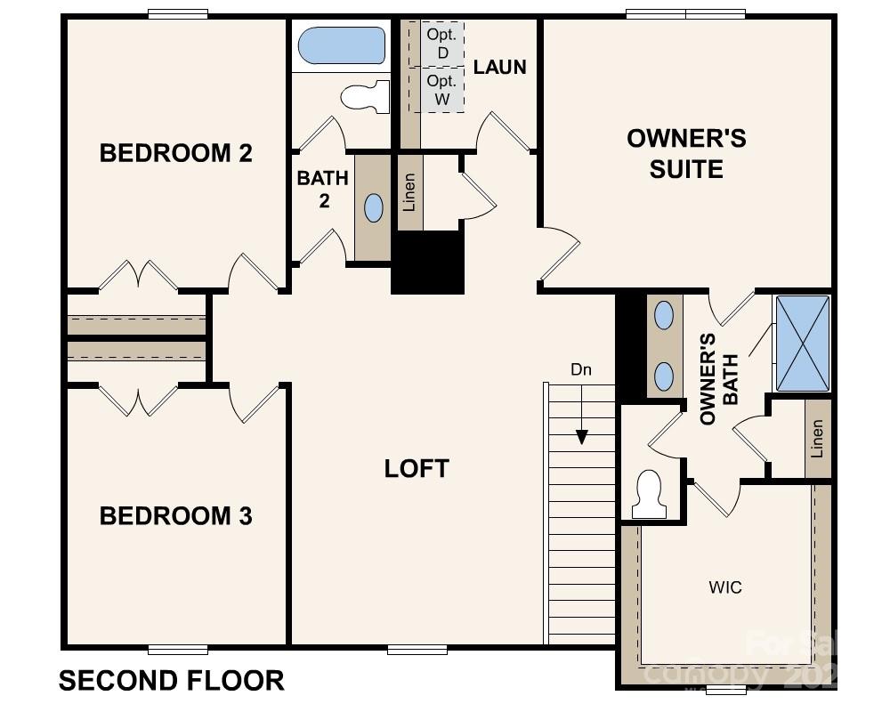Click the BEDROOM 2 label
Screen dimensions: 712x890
[175, 153]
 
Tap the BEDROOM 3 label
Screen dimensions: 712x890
[175, 516]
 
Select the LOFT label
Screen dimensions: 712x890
[417, 469]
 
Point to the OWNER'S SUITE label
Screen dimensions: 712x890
[686, 153]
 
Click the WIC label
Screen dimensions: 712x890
[725, 587]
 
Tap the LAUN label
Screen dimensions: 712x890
[499, 67]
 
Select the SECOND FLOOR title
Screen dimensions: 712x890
[172, 681]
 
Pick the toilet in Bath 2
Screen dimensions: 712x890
[367, 96]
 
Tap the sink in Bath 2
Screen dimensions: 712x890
[374, 207]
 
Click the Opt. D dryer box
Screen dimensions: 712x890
[441, 43]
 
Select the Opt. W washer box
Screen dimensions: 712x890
[441, 90]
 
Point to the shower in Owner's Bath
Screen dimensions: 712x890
[802, 344]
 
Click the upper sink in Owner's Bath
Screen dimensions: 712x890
[664, 314]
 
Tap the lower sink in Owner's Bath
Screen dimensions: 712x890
[664, 376]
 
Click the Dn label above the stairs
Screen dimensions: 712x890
[581, 369]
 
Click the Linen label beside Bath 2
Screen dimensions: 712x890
[409, 192]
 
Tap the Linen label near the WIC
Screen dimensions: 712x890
[817, 438]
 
